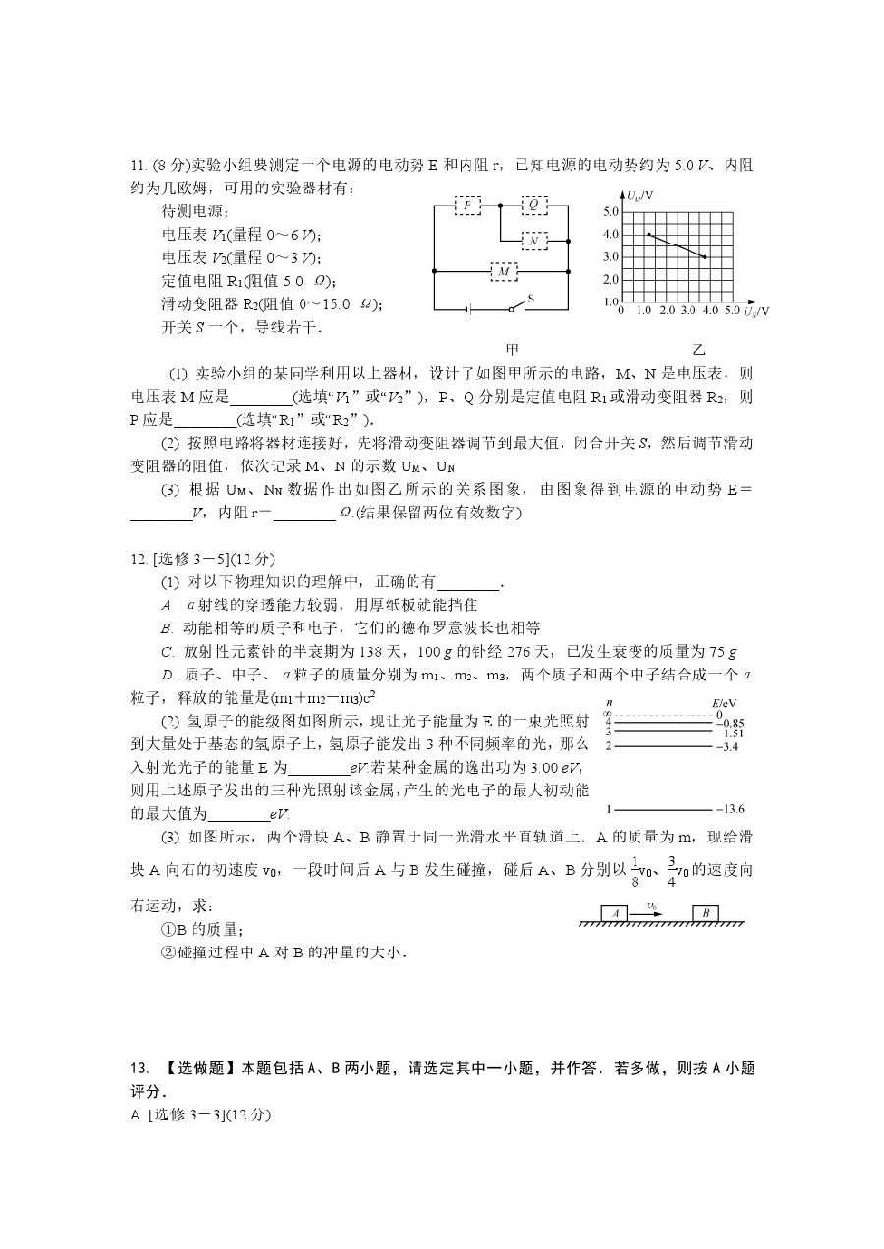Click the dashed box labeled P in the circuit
(x=468, y=205)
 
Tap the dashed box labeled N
(x=533, y=240)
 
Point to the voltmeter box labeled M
(x=504, y=270)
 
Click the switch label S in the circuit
(x=531, y=297)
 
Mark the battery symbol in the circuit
(x=471, y=309)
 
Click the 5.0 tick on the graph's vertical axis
(x=609, y=212)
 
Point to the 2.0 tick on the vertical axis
(x=609, y=280)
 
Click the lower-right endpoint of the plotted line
(x=706, y=257)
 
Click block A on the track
(x=615, y=913)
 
